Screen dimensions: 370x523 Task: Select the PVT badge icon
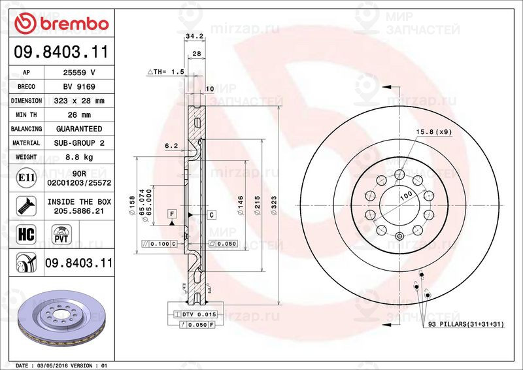point(61,234)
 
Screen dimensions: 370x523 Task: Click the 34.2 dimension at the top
point(194,36)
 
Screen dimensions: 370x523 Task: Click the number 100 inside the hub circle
point(406,195)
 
